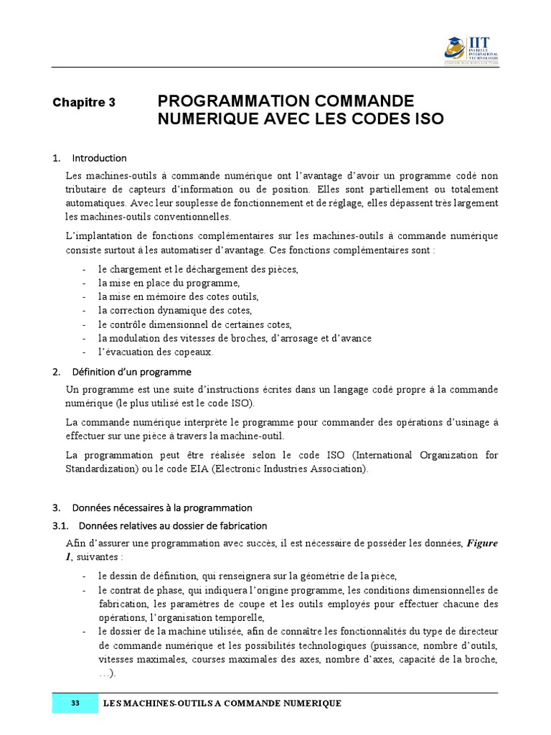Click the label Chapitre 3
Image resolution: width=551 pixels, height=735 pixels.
(84, 103)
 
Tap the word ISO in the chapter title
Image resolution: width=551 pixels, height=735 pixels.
(428, 119)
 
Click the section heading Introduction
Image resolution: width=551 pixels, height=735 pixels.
(99, 158)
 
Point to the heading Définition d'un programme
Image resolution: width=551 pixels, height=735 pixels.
(131, 372)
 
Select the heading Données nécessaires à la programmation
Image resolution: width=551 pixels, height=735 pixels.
(162, 507)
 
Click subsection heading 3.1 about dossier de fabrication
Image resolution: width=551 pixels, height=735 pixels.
(168, 525)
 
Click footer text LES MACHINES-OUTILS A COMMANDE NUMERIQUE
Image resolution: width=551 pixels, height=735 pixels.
(222, 703)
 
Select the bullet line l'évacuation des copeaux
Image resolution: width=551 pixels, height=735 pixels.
(156, 352)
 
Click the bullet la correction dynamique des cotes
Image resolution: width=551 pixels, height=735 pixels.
(175, 311)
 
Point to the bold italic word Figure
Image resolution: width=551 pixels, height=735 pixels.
(482, 543)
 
